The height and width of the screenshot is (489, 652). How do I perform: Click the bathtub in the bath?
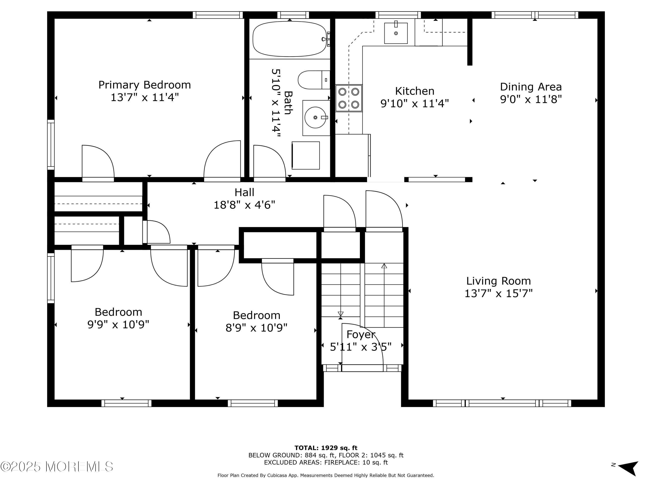(290, 39)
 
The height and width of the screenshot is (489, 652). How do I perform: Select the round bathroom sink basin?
(315, 117)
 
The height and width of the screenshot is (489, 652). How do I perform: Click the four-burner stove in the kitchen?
(349, 98)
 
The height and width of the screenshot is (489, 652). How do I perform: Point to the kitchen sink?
(396, 33)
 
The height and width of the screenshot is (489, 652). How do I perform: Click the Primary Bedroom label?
(145, 85)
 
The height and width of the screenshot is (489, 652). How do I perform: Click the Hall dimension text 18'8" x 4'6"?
(244, 205)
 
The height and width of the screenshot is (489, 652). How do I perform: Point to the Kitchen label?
(415, 91)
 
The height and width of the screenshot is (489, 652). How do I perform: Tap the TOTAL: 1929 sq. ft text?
(326, 448)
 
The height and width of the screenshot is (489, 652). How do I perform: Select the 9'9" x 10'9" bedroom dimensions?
(118, 324)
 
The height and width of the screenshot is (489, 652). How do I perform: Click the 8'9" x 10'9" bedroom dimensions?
(256, 328)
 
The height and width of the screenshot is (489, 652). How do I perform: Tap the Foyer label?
(361, 334)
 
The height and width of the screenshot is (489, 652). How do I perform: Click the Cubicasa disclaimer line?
(326, 475)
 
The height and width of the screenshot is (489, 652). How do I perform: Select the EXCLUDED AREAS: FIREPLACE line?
(326, 462)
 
